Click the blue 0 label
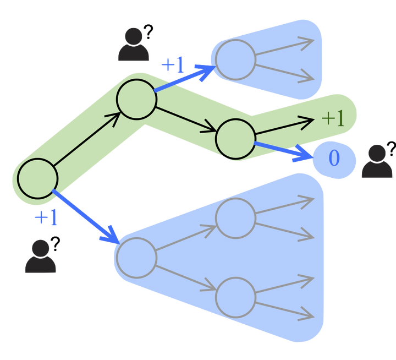pyautogui.click(x=334, y=159)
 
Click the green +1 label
pyautogui.click(x=332, y=118)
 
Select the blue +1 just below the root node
pyautogui.click(x=46, y=219)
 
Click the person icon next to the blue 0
pyautogui.click(x=377, y=164)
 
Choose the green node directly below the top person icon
pyautogui.click(x=136, y=99)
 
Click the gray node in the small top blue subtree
pyautogui.click(x=235, y=59)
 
